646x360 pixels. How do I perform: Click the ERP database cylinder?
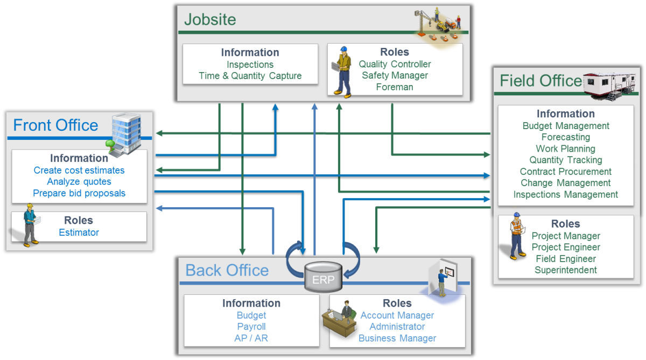tap(323, 277)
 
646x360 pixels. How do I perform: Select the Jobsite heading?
tap(210, 19)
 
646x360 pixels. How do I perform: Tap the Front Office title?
tap(55, 125)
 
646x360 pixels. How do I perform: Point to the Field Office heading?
tap(540, 81)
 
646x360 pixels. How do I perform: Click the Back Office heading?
tap(227, 270)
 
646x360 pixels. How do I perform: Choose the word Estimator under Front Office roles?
tap(79, 232)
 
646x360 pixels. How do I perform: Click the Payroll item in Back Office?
tap(251, 327)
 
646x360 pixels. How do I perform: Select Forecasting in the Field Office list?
tap(565, 137)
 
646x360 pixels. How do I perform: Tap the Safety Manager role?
tap(395, 75)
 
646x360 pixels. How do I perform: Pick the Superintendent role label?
tap(565, 270)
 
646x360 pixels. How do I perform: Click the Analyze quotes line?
tap(79, 182)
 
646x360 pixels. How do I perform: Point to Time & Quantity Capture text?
tap(250, 76)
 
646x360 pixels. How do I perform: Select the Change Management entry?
tap(565, 183)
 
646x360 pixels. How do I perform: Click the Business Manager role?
tap(397, 338)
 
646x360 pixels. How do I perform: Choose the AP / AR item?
tap(251, 338)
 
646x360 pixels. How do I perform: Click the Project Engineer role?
tap(565, 247)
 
